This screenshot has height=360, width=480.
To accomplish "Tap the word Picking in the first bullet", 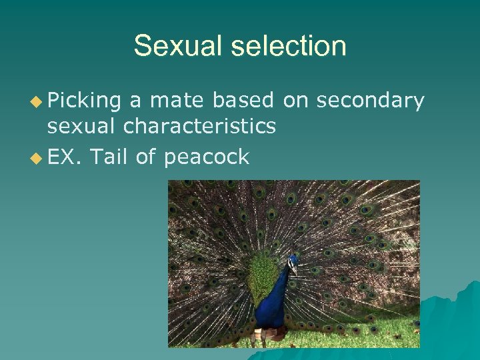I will (84, 100).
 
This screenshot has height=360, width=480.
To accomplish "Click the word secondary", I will (371, 100).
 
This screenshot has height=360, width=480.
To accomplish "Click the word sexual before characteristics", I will (84, 126).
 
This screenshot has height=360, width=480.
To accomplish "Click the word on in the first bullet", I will (293, 100).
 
